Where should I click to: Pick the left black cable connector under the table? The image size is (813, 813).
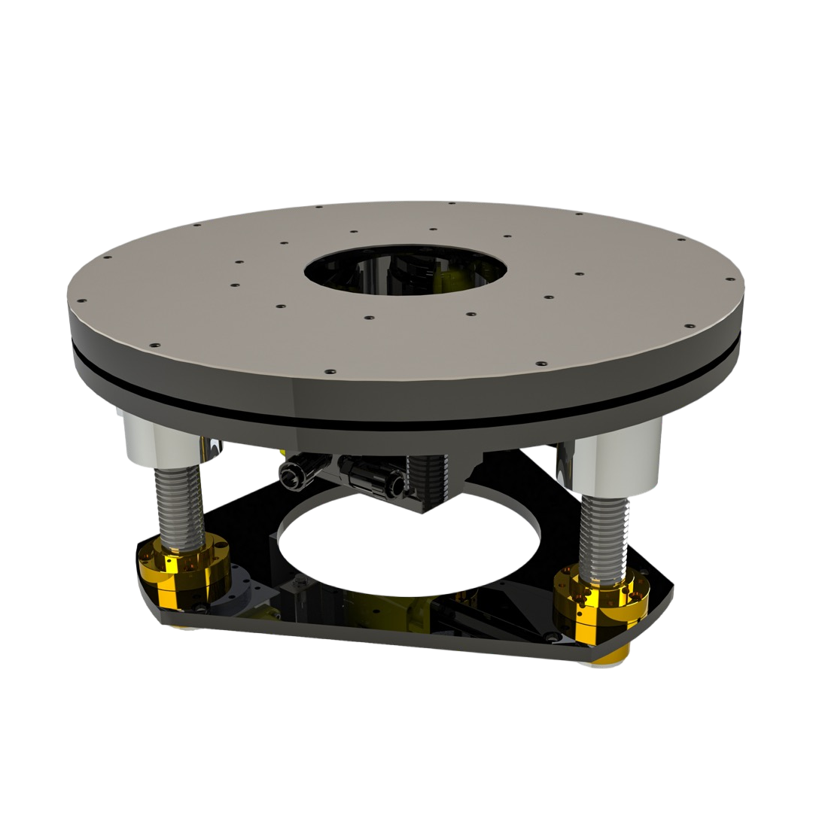click(297, 472)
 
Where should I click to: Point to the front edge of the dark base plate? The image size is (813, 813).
click(376, 640)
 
